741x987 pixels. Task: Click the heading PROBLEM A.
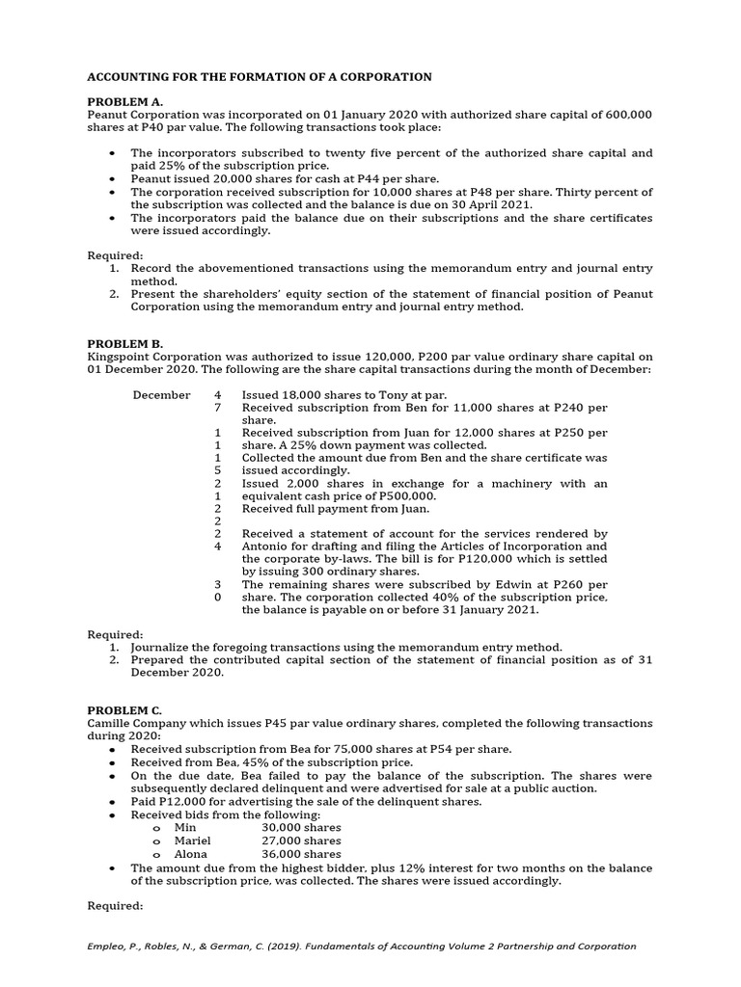pos(125,100)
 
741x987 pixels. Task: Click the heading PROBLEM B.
pos(125,343)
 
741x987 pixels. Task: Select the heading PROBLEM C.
pos(125,709)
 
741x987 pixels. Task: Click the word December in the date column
pos(161,395)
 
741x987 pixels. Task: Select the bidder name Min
pos(185,827)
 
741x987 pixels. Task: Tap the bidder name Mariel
pos(192,840)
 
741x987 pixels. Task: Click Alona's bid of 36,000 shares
pos(301,854)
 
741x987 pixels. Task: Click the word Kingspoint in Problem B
pos(120,357)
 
